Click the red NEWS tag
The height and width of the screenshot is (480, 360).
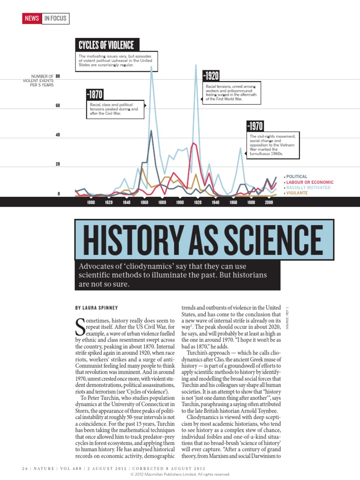(x=32, y=19)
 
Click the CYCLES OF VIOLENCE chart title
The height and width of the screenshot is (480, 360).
(x=106, y=45)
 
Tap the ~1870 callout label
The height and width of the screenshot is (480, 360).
(x=95, y=94)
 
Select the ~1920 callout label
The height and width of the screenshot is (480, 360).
(x=210, y=76)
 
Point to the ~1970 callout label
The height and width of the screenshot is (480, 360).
(x=255, y=126)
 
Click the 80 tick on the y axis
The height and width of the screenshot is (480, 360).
(x=58, y=76)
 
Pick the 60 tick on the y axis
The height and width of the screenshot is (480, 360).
(x=58, y=105)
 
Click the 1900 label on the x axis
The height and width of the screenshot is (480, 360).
(x=180, y=202)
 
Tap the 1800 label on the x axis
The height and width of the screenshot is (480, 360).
(x=91, y=202)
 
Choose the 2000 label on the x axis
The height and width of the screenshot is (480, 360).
(x=269, y=202)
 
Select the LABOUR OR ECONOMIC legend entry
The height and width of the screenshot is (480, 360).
(x=310, y=182)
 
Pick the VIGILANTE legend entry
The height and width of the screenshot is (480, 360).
(x=297, y=193)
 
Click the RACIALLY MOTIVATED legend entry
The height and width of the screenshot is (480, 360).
(x=309, y=187)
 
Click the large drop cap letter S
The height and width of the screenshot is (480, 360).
(x=80, y=328)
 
